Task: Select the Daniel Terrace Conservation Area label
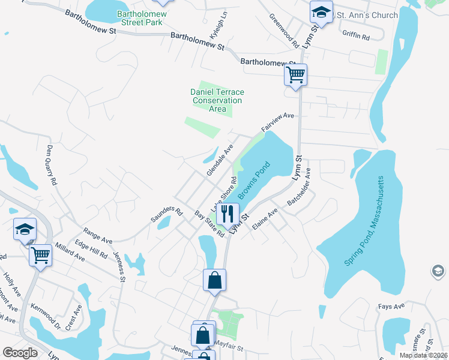[217, 100]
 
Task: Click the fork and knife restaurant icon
[228, 213]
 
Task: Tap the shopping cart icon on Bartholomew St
[295, 75]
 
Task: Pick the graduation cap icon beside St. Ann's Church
[321, 13]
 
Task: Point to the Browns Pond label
[255, 180]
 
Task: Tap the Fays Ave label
[391, 306]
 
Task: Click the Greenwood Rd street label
[284, 31]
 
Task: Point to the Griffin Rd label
[356, 36]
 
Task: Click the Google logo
[20, 353]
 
